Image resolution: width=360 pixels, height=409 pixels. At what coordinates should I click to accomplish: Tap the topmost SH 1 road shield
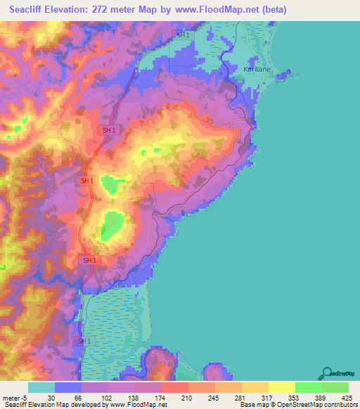point(183,34)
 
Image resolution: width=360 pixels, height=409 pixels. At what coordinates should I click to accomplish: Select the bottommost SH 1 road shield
point(83,341)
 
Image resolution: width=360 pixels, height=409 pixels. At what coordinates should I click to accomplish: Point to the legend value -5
point(25,397)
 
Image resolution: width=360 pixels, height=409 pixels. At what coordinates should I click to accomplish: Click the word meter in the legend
point(11,397)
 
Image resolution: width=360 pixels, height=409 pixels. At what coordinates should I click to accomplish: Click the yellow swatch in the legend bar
point(281,387)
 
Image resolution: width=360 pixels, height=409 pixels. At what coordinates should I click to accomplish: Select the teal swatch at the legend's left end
point(41,387)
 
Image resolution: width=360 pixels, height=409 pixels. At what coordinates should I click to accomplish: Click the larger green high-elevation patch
point(111,226)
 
